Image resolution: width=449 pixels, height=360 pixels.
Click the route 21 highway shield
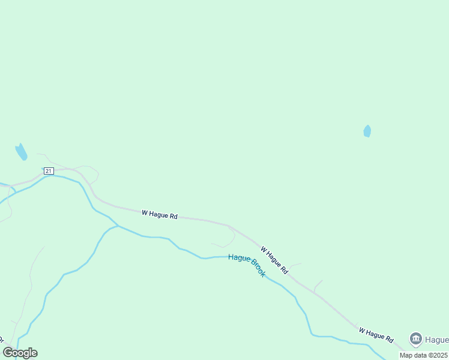click(x=49, y=171)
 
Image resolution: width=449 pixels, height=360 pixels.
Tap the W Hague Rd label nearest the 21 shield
click(x=159, y=214)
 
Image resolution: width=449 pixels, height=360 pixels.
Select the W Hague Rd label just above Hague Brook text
click(x=274, y=260)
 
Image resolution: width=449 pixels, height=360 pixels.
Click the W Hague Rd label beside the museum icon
click(x=376, y=335)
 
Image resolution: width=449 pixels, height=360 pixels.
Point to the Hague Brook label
click(x=247, y=266)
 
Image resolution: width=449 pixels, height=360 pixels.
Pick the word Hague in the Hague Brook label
click(x=238, y=259)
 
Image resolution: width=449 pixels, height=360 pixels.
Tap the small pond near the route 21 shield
click(x=22, y=152)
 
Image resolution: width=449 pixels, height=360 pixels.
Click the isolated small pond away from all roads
click(x=367, y=131)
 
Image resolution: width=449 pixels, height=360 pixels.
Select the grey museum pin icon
click(x=415, y=338)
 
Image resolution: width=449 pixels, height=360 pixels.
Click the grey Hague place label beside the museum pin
click(x=437, y=340)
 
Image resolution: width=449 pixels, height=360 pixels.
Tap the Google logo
click(x=20, y=353)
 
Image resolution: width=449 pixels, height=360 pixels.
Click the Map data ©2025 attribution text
click(x=423, y=355)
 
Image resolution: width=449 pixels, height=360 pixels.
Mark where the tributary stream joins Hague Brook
click(x=118, y=226)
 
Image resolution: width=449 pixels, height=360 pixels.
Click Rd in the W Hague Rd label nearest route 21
click(x=173, y=216)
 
